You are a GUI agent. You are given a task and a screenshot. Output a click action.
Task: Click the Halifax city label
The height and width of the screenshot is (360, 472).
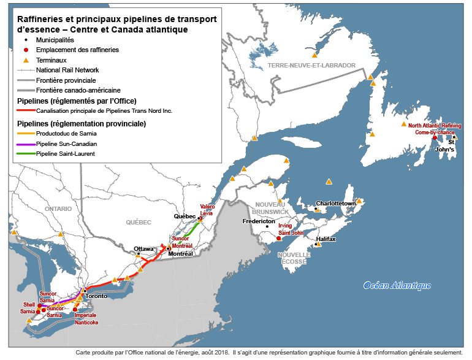(x=326, y=239)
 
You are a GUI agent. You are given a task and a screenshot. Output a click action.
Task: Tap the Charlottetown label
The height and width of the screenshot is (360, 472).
(x=336, y=203)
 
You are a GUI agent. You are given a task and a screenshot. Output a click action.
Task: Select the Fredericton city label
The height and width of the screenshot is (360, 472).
(x=259, y=221)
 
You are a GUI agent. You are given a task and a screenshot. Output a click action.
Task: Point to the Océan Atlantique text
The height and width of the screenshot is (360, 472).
(x=397, y=285)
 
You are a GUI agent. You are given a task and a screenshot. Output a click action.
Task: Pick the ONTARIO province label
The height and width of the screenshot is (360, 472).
(x=58, y=209)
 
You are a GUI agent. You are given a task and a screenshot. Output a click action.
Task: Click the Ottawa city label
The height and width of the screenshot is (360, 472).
(x=143, y=248)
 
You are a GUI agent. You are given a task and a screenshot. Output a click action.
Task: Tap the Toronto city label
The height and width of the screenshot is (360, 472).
(x=96, y=296)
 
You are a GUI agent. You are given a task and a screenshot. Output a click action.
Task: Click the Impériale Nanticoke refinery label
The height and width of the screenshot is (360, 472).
(x=86, y=318)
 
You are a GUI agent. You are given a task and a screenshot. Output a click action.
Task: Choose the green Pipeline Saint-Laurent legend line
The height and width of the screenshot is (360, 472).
(x=25, y=153)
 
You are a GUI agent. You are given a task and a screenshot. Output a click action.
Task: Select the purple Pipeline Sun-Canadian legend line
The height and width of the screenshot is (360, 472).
(x=25, y=143)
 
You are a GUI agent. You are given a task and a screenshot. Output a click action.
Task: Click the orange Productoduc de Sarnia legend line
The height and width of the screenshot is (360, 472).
(x=25, y=132)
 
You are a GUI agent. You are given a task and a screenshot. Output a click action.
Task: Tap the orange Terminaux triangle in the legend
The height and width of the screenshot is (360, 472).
(x=26, y=60)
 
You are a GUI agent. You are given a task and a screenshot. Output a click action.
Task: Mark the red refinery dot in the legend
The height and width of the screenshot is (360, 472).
(x=26, y=50)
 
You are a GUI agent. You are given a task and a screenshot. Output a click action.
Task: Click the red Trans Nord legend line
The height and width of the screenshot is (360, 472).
(x=25, y=111)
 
